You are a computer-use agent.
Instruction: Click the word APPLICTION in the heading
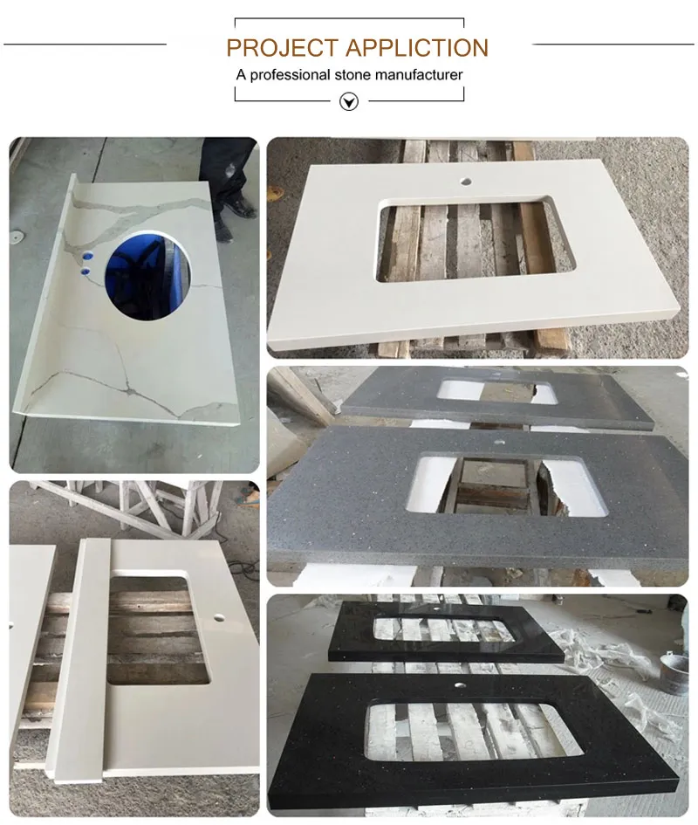pos(416,48)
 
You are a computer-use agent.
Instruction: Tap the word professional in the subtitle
pos(290,75)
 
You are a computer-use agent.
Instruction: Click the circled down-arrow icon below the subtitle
pos(349,101)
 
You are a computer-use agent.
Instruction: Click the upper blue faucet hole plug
pos(87,257)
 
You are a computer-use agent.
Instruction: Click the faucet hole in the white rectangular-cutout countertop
pos(465,182)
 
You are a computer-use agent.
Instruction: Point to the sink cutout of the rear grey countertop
pos(496,391)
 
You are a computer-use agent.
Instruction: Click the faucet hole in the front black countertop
pos(460,686)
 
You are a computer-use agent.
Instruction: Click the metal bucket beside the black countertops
pos(674,672)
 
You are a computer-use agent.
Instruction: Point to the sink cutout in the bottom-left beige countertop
pos(158,629)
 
